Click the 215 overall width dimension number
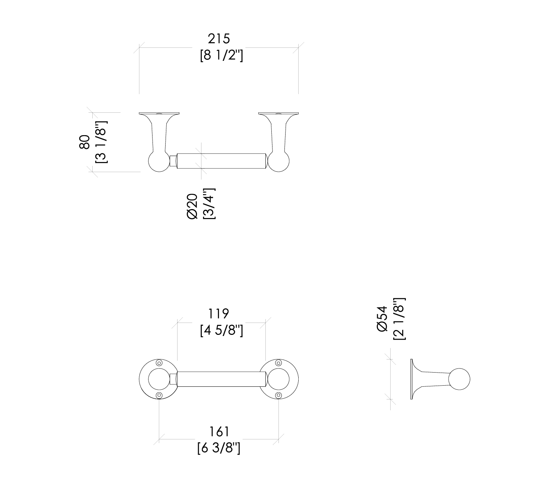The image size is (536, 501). (x=219, y=39)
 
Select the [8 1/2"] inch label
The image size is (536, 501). (x=221, y=56)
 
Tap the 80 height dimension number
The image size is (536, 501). (x=84, y=142)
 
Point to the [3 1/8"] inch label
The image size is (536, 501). (x=101, y=142)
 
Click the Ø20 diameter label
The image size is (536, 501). (x=192, y=206)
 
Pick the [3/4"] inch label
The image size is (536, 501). (x=209, y=203)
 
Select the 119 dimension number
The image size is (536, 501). (x=219, y=313)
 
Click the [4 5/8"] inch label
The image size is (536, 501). (x=221, y=330)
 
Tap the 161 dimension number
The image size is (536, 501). (x=219, y=432)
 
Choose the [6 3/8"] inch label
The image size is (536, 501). (x=219, y=448)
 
